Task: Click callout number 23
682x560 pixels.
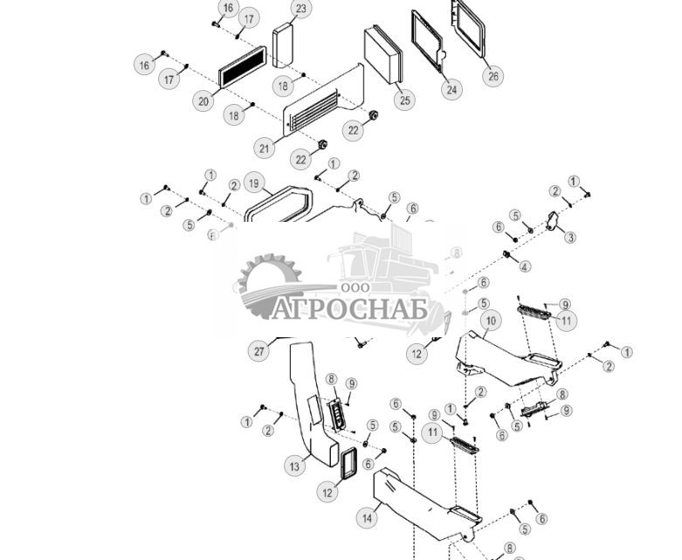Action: click(300, 10)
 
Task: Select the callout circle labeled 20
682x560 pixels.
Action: click(203, 101)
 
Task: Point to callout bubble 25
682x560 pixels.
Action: click(404, 101)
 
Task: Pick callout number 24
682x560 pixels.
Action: click(451, 89)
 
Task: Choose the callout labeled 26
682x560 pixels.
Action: click(493, 76)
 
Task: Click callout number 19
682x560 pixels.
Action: click(253, 183)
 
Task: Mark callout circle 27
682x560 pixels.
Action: click(259, 351)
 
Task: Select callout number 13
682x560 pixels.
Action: click(295, 467)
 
